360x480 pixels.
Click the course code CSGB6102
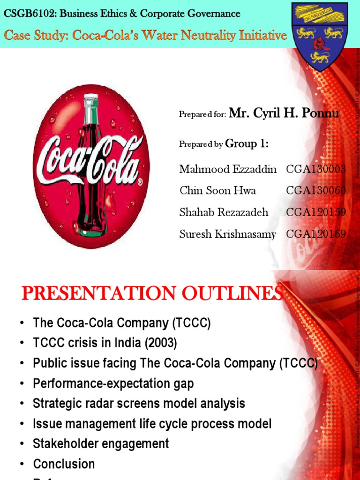coord(23,14)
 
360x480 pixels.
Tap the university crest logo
coord(321,36)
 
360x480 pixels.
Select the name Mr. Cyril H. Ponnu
coord(284,113)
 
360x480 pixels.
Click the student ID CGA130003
coord(315,169)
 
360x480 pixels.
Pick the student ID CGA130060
coord(315,191)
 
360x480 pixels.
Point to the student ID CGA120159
coord(315,212)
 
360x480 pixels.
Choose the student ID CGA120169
coord(315,234)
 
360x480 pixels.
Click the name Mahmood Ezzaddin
coord(228,169)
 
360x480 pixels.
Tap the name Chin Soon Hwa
coord(217,191)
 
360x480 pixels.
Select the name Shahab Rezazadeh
coord(224,212)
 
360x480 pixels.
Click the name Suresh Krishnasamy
coord(228,234)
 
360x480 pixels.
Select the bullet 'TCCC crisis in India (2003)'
coord(105,343)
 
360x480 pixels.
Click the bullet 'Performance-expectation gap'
coord(113,383)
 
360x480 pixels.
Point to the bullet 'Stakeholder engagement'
coord(101,443)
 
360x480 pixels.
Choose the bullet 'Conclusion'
coord(64,464)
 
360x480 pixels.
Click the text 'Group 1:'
coord(247,144)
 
